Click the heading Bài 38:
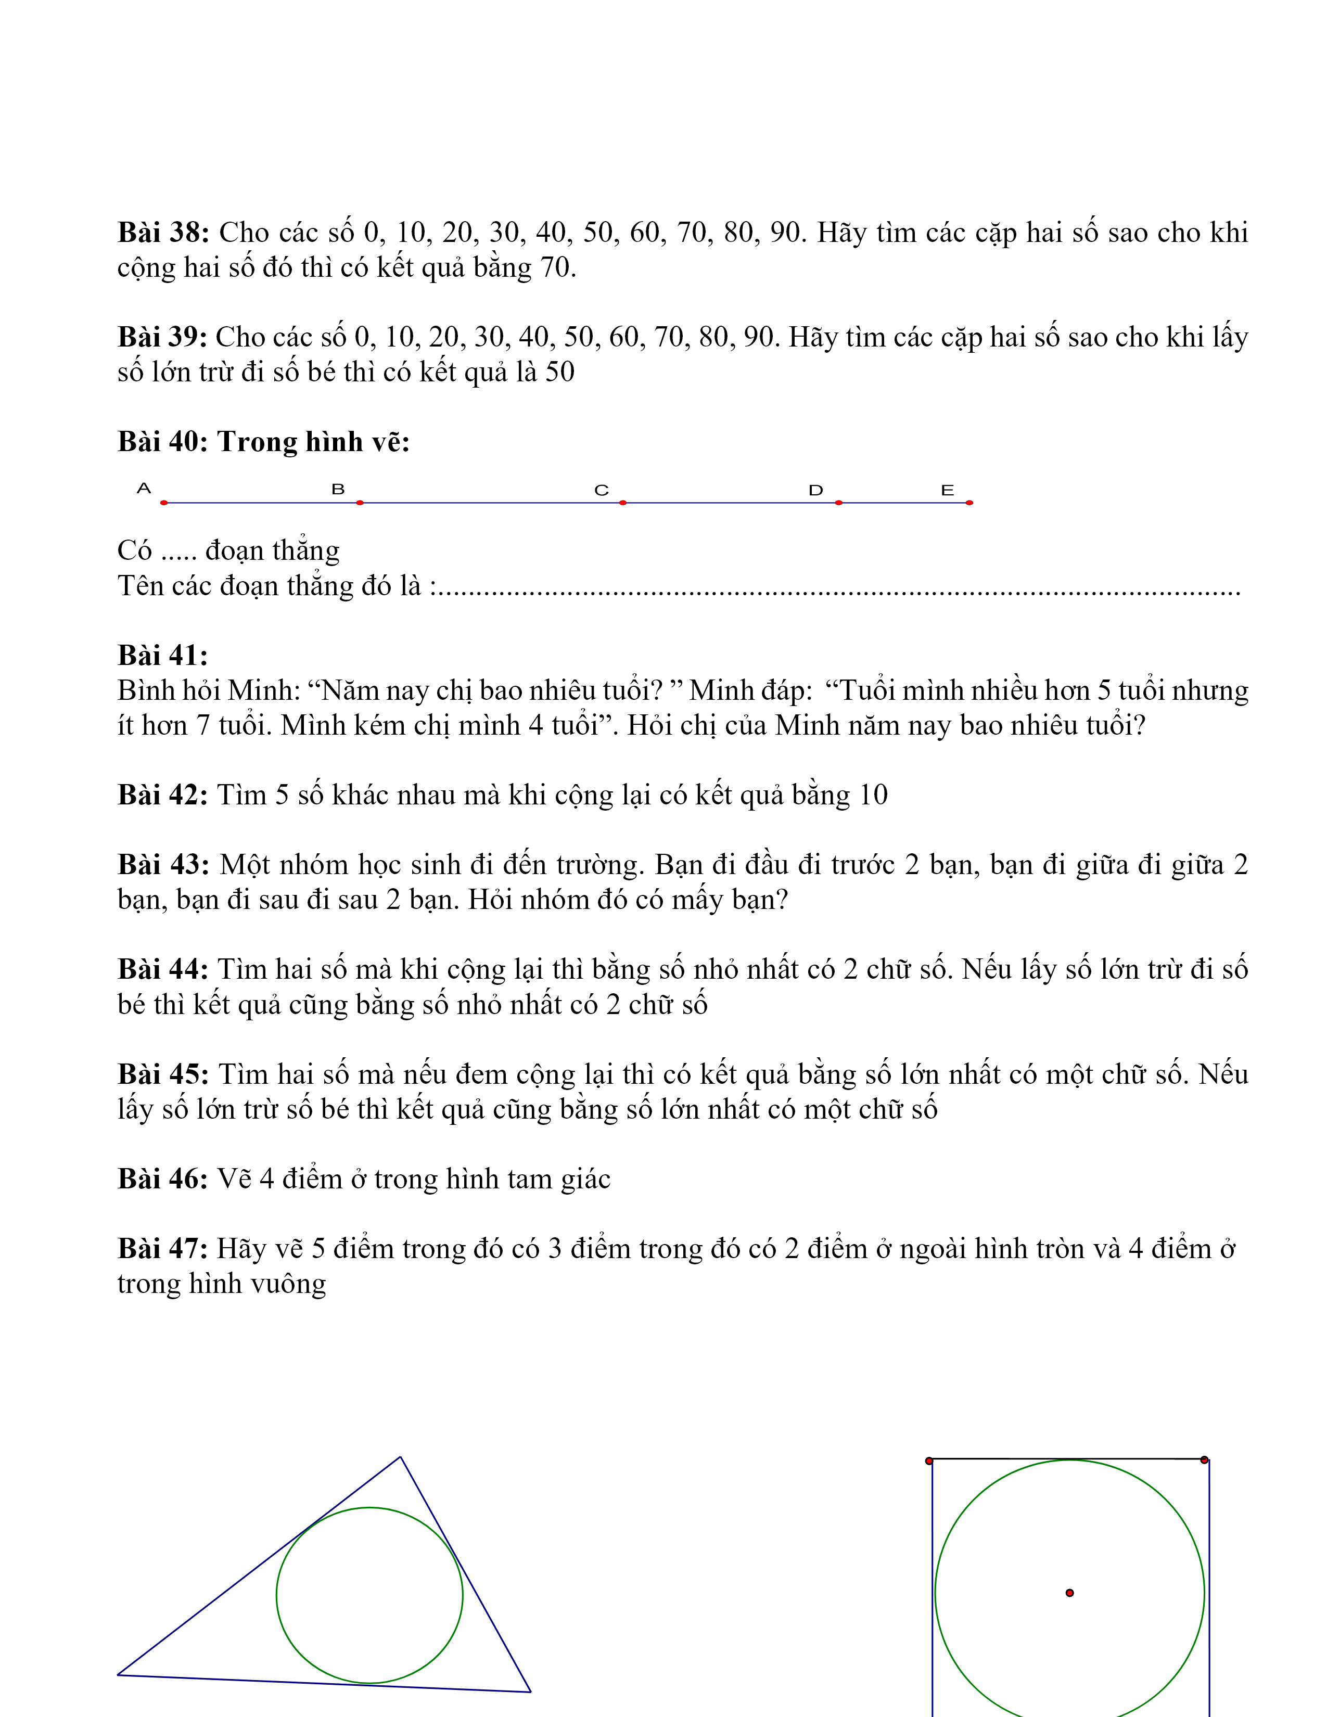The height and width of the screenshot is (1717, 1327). click(163, 233)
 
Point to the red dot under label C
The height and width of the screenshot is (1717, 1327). click(622, 503)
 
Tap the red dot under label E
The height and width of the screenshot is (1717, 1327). click(969, 503)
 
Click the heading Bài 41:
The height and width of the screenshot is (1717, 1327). click(163, 655)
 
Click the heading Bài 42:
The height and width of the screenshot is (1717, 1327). click(163, 795)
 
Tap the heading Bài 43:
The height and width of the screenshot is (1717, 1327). click(163, 865)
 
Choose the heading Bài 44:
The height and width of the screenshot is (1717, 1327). click(163, 969)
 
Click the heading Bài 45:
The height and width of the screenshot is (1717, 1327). click(163, 1074)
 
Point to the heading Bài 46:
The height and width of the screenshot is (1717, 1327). click(163, 1178)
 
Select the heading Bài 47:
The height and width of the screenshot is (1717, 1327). click(163, 1248)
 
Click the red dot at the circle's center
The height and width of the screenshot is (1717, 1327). click(1069, 1593)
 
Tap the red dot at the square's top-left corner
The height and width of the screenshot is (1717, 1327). click(929, 1460)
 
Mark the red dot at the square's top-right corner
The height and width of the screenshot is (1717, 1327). click(1204, 1460)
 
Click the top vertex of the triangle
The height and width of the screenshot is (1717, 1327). click(400, 1457)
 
